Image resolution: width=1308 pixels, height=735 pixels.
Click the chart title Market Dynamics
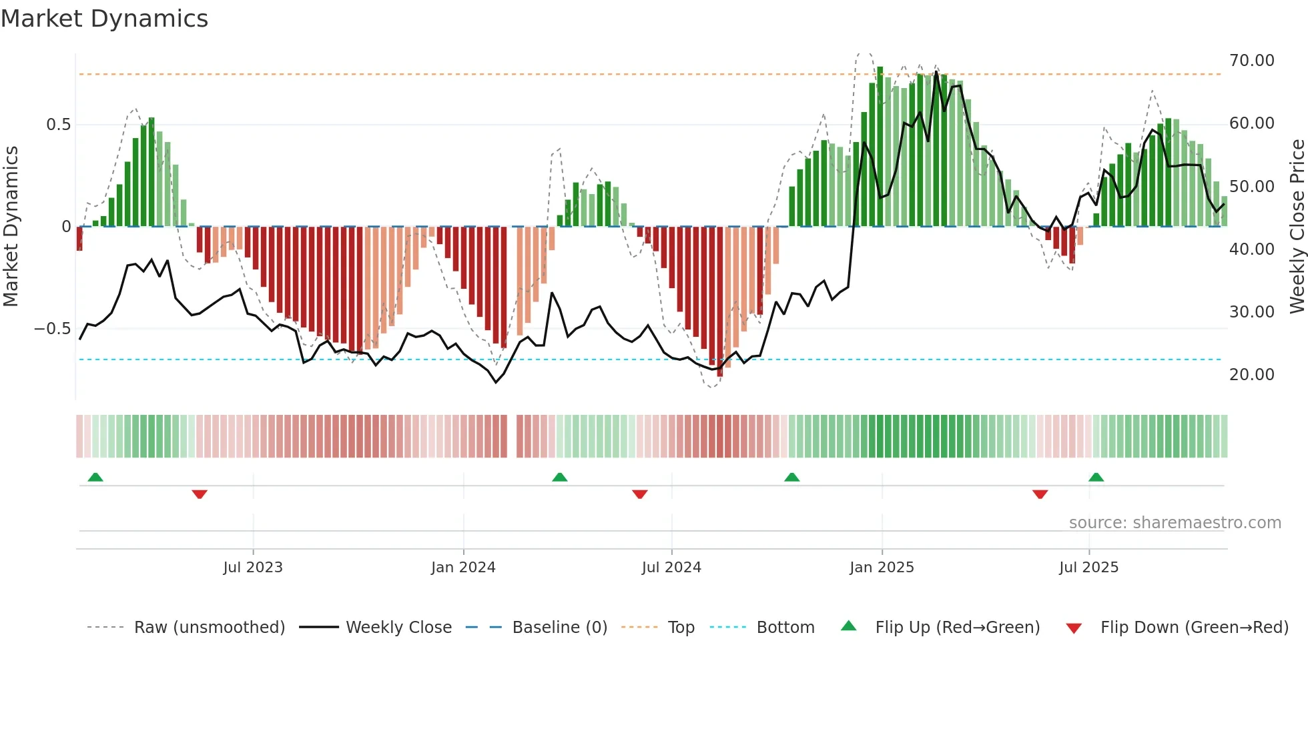(x=105, y=19)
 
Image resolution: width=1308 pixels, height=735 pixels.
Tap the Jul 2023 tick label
(x=253, y=567)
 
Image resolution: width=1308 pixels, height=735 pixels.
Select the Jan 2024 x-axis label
(x=463, y=567)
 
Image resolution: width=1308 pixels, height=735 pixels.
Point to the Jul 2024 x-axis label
(x=671, y=567)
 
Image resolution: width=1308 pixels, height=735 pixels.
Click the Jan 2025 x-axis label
(x=882, y=567)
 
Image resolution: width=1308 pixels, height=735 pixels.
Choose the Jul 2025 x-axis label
(x=1088, y=567)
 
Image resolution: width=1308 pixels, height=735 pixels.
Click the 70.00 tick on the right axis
(x=1251, y=61)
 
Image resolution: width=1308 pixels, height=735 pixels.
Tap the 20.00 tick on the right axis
(x=1251, y=375)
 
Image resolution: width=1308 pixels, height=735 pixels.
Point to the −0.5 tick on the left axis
(x=52, y=329)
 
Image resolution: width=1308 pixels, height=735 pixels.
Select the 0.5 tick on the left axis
(x=58, y=125)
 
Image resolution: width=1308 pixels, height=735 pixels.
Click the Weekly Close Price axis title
(x=1297, y=226)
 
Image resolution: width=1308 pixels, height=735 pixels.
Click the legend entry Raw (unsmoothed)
(x=209, y=628)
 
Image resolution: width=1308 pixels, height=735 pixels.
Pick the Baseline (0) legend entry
(x=559, y=628)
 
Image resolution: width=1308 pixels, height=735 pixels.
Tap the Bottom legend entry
(x=785, y=628)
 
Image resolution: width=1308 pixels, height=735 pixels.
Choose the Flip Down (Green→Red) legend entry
(x=1194, y=628)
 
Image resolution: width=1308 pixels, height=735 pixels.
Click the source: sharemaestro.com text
(x=1175, y=523)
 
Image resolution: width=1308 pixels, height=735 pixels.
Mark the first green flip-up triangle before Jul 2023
(x=95, y=477)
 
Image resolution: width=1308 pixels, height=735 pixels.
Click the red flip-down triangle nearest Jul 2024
(x=639, y=494)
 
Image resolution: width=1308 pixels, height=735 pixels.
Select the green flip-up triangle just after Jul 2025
(x=1096, y=477)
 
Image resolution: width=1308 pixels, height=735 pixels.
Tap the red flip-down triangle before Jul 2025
(x=1040, y=494)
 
